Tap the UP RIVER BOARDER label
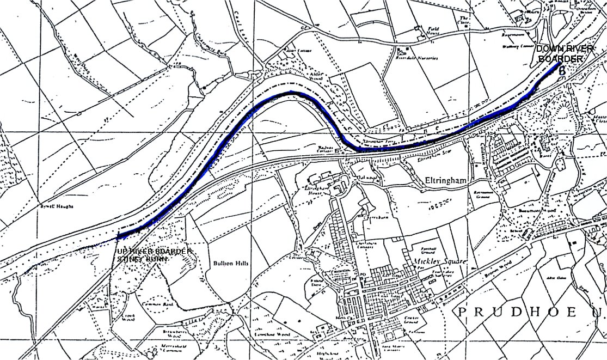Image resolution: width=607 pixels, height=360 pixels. coord(155,251)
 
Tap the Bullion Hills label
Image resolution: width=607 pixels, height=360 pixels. coord(231,263)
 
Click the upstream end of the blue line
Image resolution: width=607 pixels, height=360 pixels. coord(118,237)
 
